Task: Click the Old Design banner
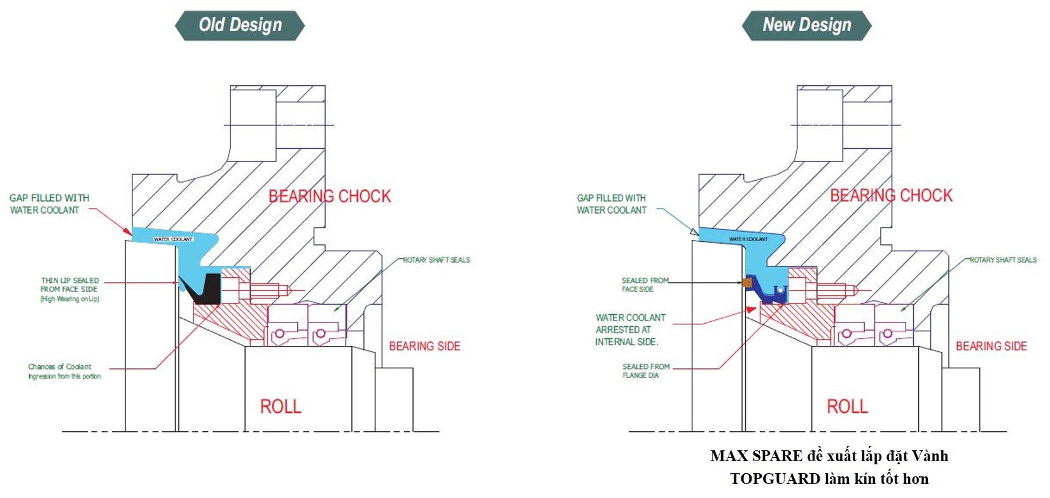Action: click(240, 25)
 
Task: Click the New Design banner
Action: click(806, 25)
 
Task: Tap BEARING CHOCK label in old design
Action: click(329, 196)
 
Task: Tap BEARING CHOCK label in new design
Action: click(891, 195)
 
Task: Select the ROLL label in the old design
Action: click(280, 406)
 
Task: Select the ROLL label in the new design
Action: click(847, 406)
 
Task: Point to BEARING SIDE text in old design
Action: click(424, 346)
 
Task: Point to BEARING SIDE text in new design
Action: click(991, 346)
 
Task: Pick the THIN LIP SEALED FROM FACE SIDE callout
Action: click(70, 289)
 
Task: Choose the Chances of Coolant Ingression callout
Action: click(64, 371)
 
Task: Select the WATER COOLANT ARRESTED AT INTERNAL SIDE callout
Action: click(629, 329)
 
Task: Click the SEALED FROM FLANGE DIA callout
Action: click(645, 371)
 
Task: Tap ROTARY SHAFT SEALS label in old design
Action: click(437, 259)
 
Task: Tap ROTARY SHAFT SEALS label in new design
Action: click(1003, 259)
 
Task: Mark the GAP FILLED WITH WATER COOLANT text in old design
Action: click(49, 204)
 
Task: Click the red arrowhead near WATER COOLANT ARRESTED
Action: click(751, 310)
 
